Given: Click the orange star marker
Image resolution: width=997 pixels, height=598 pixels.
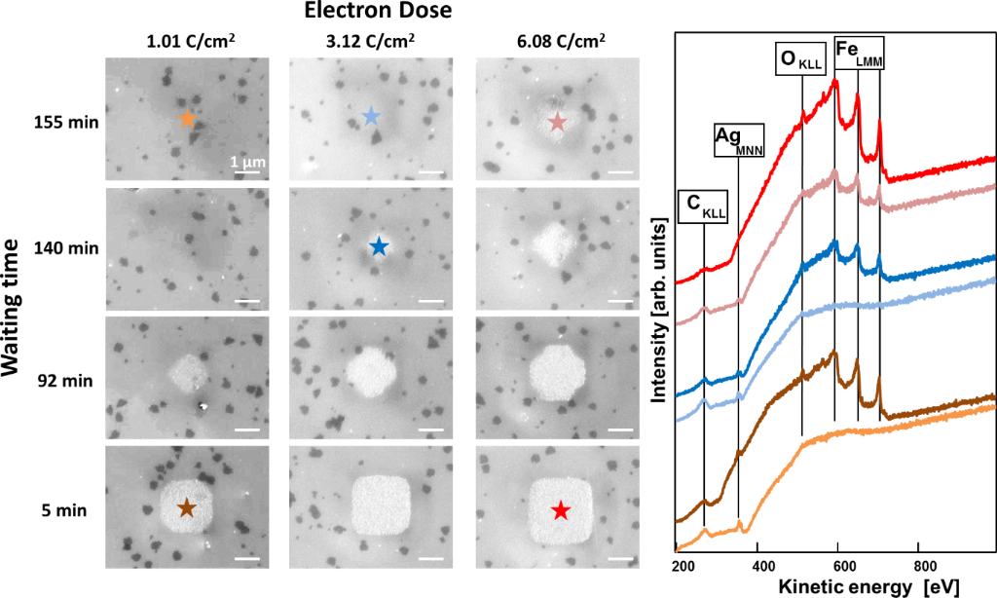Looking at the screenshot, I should pos(188,119).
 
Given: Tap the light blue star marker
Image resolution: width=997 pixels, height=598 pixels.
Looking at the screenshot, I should pos(371,118).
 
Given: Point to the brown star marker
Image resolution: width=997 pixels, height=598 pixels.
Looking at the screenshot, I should pos(187,507).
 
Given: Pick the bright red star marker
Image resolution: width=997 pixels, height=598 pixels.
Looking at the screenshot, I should pos(560,509).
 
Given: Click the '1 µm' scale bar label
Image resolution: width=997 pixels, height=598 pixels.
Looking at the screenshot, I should pos(244,161).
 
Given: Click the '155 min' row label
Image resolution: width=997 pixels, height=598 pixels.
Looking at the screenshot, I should pos(71,124).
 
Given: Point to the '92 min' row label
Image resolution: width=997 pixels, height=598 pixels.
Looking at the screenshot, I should pos(71,381).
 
